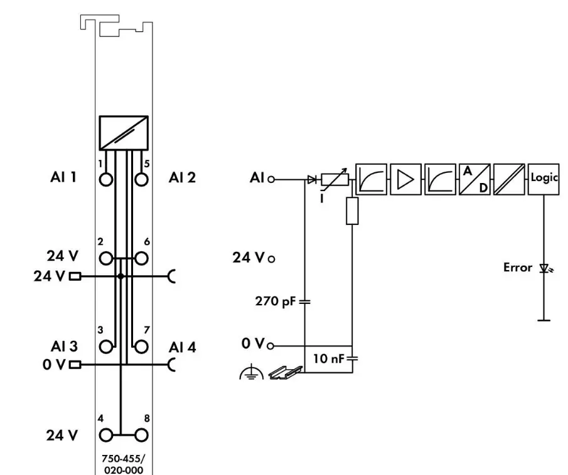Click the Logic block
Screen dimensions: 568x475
pyautogui.click(x=544, y=179)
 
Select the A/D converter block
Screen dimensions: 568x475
pyautogui.click(x=474, y=179)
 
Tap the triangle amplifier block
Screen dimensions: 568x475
pyautogui.click(x=405, y=179)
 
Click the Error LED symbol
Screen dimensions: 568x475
pyautogui.click(x=545, y=268)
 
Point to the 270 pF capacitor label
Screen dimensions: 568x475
pyautogui.click(x=276, y=301)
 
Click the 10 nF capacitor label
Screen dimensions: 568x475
pyautogui.click(x=328, y=358)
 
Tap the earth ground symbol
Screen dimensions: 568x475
pyautogui.click(x=252, y=373)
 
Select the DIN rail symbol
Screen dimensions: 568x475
pyautogui.click(x=286, y=373)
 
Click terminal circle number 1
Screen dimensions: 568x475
pyautogui.click(x=106, y=179)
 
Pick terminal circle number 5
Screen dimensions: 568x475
pyautogui.click(x=141, y=179)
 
